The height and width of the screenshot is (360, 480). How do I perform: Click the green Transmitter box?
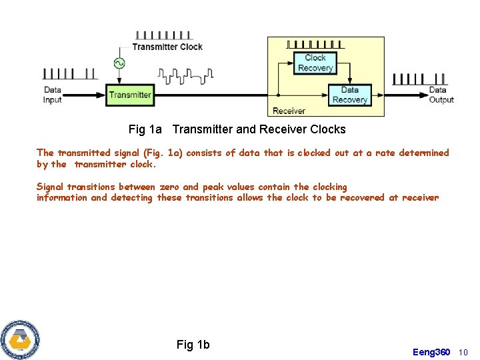130,95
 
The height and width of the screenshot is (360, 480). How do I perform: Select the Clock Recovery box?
315,63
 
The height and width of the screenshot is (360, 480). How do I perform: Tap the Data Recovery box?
349,95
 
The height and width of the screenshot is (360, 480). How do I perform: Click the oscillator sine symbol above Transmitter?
119,63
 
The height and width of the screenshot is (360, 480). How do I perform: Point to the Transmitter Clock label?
167,47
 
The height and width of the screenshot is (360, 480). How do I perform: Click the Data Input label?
53,95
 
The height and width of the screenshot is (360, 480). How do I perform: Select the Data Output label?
441,95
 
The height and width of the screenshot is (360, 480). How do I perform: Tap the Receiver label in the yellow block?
289,111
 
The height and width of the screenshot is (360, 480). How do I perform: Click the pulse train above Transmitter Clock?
163,35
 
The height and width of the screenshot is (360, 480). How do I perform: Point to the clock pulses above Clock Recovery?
315,45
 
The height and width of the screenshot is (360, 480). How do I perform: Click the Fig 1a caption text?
237,129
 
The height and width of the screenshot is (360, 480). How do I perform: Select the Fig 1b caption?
193,345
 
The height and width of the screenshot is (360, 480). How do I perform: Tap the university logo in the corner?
20,339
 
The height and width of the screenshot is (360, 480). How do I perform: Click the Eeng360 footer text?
431,352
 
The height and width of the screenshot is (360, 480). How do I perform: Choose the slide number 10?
464,352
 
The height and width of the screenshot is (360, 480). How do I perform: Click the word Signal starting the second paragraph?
50,187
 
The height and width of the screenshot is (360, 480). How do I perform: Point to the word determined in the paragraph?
423,153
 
